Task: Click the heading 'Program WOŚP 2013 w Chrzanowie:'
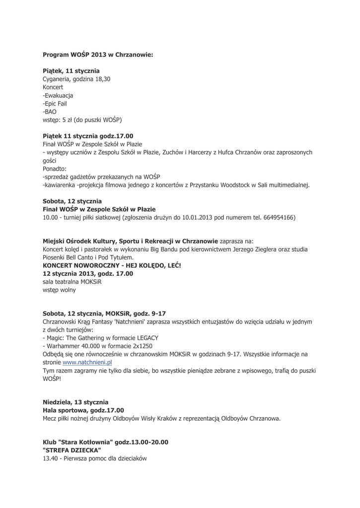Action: click(x=98, y=55)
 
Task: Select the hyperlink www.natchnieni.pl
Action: click(x=87, y=362)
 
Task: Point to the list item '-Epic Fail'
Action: click(x=55, y=104)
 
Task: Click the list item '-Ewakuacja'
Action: click(x=58, y=95)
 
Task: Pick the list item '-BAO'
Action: click(x=50, y=112)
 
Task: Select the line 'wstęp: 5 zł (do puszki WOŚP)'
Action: click(x=82, y=120)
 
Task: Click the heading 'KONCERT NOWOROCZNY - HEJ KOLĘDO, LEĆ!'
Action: click(x=112, y=265)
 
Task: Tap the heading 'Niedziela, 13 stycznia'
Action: click(x=75, y=402)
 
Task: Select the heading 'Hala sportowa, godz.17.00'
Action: click(x=83, y=410)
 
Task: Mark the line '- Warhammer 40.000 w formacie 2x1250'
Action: click(x=97, y=346)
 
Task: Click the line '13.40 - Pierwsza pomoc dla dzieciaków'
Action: click(x=95, y=458)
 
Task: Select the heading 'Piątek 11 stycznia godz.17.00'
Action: click(x=88, y=136)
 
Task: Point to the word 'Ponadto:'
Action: click(x=55, y=169)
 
